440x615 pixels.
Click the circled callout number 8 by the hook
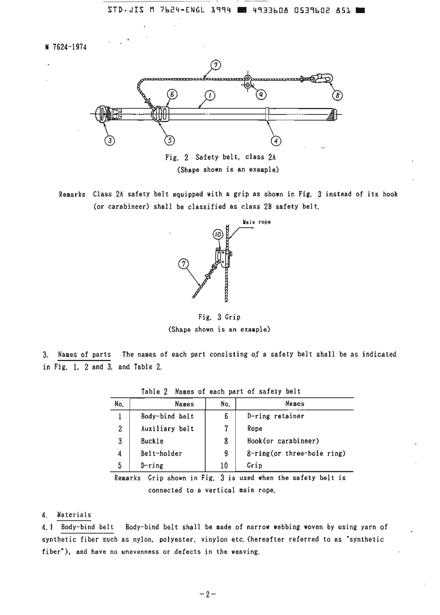coord(338,95)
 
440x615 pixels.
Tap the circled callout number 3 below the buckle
coord(109,140)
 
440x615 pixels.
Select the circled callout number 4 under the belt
coord(276,140)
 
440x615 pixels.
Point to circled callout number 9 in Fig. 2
coord(262,95)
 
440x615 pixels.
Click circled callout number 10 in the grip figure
coord(218,235)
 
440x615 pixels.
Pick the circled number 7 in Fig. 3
coord(184,264)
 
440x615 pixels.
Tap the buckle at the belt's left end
coord(101,114)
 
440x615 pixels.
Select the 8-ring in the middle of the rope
coord(248,82)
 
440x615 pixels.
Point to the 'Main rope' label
coord(257,222)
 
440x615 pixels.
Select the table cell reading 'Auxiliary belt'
coord(167,429)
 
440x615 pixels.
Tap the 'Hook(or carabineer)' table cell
coord(283,441)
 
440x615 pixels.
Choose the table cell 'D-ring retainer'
coord(276,416)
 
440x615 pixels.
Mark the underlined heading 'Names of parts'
coord(84,355)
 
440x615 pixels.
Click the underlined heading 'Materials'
coord(74,514)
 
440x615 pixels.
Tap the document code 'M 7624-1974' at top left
coord(66,47)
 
